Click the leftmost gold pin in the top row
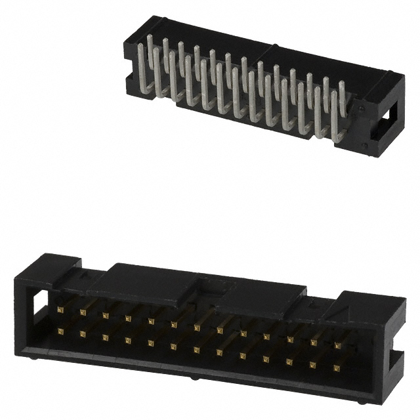pyautogui.click(x=60, y=308)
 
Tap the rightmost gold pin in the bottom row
pyautogui.click(x=337, y=367)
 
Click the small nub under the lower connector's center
pyautogui.click(x=193, y=379)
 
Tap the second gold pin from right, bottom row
pyautogui.click(x=314, y=364)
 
